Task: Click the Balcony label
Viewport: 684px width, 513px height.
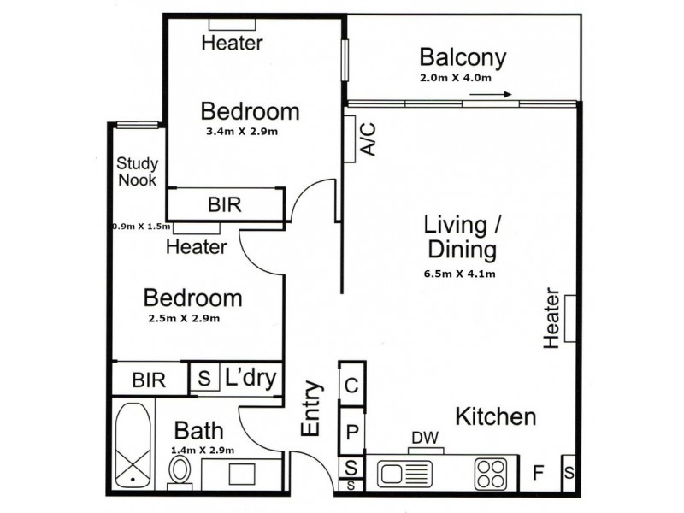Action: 463,58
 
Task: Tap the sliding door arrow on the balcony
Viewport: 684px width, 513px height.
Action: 490,94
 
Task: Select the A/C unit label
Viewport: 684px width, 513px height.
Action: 369,139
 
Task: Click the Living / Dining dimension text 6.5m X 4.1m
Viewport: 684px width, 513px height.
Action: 459,274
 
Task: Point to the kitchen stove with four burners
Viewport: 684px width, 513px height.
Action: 491,474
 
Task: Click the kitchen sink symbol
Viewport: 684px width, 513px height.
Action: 405,474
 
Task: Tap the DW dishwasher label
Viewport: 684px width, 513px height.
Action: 425,438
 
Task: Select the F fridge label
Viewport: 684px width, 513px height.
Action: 539,472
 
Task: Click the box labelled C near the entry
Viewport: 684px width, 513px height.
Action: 352,384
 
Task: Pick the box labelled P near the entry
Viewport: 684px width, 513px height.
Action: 352,432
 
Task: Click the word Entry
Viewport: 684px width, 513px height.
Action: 311,409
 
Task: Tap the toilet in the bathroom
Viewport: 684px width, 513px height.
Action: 180,472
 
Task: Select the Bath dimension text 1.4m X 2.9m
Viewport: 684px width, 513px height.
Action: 203,451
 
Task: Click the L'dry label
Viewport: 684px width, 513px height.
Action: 251,377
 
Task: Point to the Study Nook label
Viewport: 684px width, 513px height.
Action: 137,172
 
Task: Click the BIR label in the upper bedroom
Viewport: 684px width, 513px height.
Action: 224,204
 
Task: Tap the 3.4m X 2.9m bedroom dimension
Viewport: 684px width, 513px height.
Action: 242,132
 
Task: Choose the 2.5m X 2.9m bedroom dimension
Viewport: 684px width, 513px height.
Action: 184,318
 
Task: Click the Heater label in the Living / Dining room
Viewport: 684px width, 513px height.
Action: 551,318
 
